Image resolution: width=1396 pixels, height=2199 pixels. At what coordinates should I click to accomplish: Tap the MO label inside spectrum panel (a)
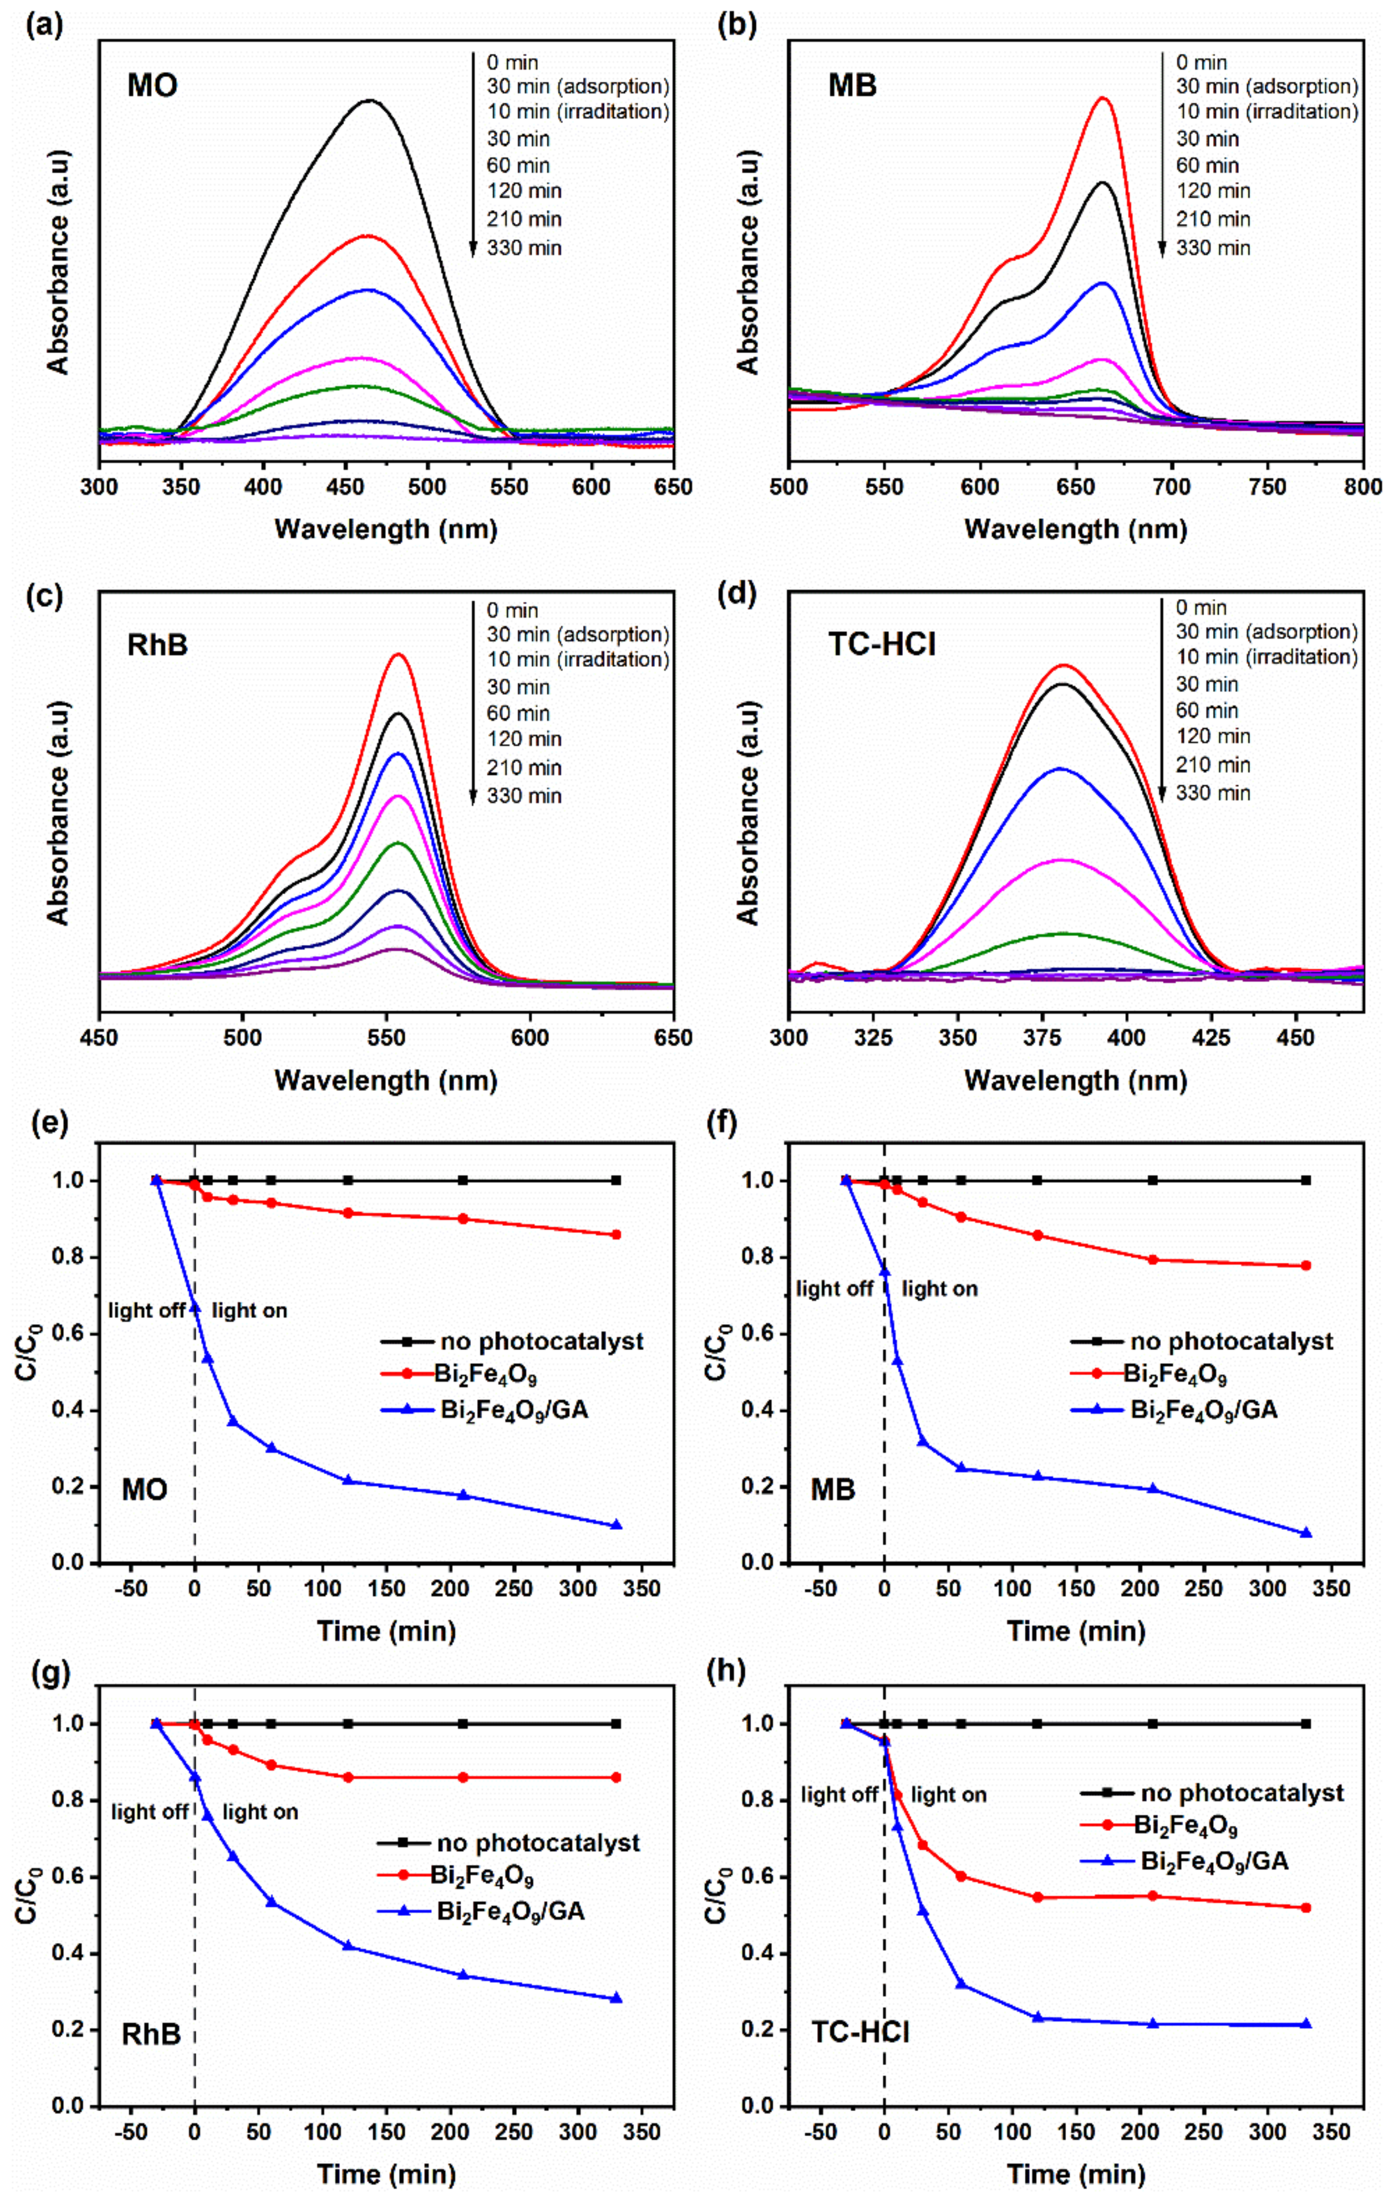pyautogui.click(x=152, y=86)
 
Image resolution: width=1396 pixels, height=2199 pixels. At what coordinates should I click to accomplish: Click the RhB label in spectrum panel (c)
pyautogui.click(x=157, y=645)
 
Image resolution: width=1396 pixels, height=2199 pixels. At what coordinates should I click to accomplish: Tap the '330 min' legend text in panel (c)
pyautogui.click(x=524, y=795)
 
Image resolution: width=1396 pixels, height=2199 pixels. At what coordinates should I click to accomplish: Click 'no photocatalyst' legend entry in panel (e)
pyautogui.click(x=541, y=1341)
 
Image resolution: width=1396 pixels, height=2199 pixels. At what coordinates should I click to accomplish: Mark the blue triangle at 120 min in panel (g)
pyautogui.click(x=348, y=1946)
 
